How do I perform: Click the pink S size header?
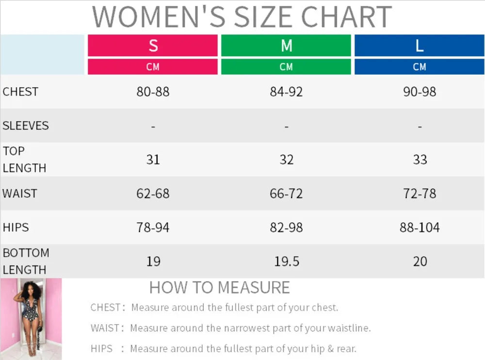(153, 46)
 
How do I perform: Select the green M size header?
(286, 46)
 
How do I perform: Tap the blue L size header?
(420, 46)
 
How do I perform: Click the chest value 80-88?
(153, 92)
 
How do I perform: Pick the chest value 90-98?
(420, 92)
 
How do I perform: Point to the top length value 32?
(287, 160)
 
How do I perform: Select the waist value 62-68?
(153, 194)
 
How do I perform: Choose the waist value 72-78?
(420, 194)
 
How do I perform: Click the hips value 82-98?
(287, 228)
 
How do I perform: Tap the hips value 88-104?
(420, 228)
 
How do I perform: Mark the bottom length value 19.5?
(287, 262)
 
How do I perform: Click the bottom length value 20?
(420, 262)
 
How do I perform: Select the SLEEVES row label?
(26, 126)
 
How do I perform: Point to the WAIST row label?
(20, 194)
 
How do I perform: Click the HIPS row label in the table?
(16, 228)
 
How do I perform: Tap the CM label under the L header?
(420, 67)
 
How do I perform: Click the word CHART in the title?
(346, 16)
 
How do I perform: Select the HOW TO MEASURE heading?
(220, 288)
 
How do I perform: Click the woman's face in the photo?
(30, 290)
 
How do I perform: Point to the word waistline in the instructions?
(349, 328)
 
